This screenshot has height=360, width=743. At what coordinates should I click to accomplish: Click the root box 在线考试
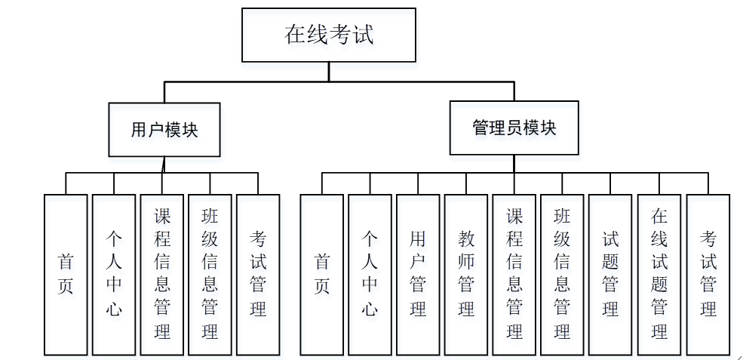[x=328, y=35]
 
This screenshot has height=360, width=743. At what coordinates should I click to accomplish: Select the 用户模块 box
[x=164, y=129]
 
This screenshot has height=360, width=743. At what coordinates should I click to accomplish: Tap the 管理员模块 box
[x=514, y=128]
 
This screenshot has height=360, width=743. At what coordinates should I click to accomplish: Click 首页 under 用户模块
[x=66, y=274]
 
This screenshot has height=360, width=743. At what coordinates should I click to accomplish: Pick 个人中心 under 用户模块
[x=114, y=274]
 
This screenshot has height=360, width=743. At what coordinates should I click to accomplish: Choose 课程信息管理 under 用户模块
[x=161, y=274]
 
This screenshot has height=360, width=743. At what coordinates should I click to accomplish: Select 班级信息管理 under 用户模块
[x=210, y=274]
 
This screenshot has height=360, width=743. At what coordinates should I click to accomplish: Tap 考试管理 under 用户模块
[x=258, y=274]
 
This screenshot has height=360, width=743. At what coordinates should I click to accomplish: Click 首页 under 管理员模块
[x=322, y=274]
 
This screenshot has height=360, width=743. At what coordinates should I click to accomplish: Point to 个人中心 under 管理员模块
[x=370, y=274]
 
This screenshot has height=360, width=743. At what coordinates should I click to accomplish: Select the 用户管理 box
[x=418, y=274]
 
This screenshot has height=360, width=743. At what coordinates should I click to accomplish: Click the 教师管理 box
[x=466, y=274]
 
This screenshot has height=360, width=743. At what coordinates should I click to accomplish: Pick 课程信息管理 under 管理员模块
[x=514, y=274]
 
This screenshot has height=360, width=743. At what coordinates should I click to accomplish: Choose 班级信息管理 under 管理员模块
[x=562, y=274]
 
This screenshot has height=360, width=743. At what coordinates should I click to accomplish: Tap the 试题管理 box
[x=610, y=274]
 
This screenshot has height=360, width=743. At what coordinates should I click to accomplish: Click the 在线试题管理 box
[x=659, y=274]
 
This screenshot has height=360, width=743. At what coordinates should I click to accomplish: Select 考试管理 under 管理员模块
[x=708, y=274]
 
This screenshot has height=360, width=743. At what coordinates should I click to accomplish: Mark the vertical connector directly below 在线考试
[x=328, y=72]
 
